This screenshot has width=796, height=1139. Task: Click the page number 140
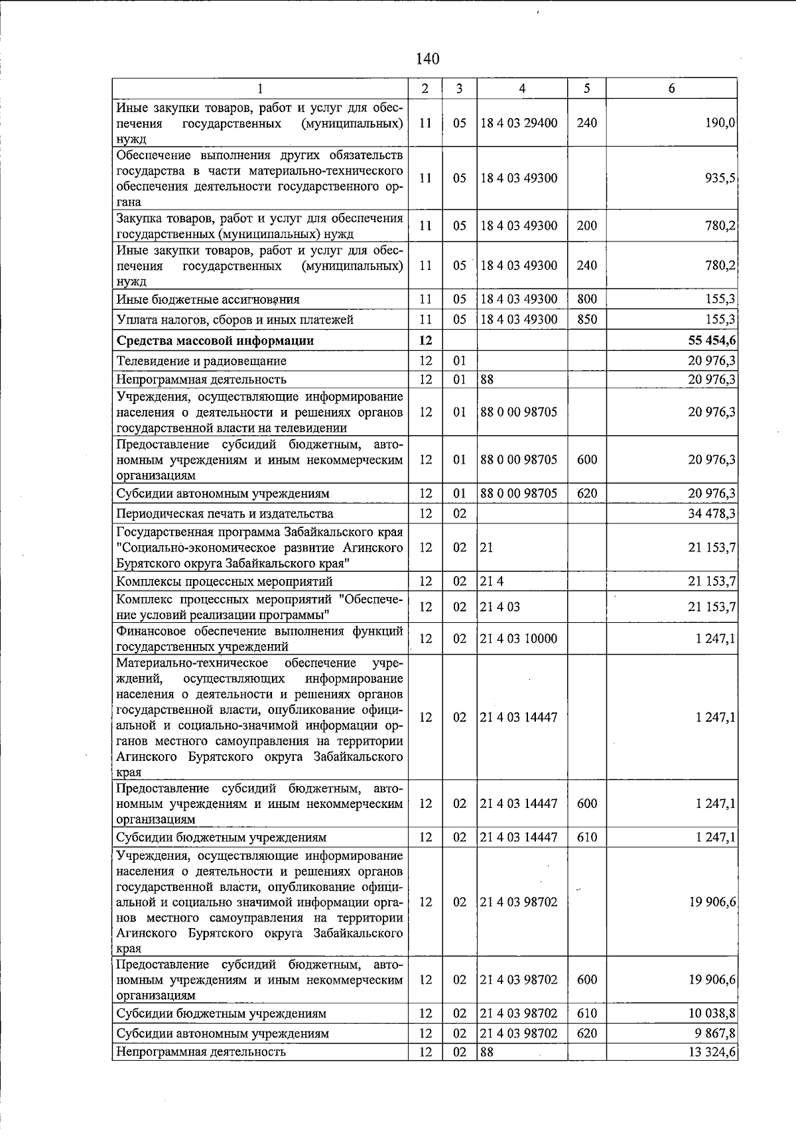(x=427, y=59)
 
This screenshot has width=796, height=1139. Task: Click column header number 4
(x=522, y=88)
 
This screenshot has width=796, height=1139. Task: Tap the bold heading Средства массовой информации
(x=215, y=341)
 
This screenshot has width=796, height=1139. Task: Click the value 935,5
(x=720, y=178)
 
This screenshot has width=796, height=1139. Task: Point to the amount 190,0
(x=720, y=123)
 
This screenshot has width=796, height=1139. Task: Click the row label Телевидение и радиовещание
(x=202, y=361)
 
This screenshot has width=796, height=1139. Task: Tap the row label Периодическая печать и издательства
(x=225, y=513)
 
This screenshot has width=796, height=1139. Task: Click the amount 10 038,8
(x=712, y=1014)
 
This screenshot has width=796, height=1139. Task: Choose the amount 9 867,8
(x=714, y=1034)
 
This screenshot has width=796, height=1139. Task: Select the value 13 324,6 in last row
(x=712, y=1051)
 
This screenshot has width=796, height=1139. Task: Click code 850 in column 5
(x=587, y=320)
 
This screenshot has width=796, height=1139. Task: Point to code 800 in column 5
(x=587, y=299)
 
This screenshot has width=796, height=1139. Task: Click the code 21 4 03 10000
(x=519, y=639)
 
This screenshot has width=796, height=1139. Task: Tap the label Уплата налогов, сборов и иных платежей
(x=235, y=320)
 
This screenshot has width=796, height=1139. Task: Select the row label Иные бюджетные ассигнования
(x=208, y=299)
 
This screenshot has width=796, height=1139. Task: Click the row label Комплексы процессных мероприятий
(x=224, y=582)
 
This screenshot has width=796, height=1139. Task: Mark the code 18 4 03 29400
(x=519, y=123)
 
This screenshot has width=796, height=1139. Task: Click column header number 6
(x=671, y=88)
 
